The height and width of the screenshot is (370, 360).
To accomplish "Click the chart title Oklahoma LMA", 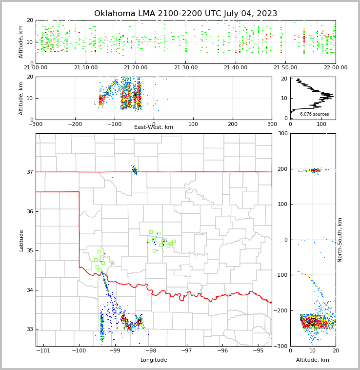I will (x=185, y=14).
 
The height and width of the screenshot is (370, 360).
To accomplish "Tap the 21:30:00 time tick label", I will (x=185, y=68).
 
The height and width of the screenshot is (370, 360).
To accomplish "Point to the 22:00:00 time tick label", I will (x=335, y=68).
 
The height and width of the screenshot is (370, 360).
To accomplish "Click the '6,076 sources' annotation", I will (x=314, y=114).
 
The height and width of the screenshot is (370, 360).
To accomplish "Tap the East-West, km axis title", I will (x=154, y=127).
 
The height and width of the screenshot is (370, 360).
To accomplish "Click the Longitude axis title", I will (x=154, y=360).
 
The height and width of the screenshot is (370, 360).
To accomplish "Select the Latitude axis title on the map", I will (x=21, y=240).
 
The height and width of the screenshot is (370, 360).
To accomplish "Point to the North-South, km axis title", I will (x=340, y=240).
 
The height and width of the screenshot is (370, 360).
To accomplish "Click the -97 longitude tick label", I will (x=186, y=351).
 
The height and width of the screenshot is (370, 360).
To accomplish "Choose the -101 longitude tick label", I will (x=43, y=351).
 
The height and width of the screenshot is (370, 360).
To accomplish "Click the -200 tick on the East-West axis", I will (x=75, y=124).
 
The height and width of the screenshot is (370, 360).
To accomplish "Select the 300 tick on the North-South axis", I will (x=282, y=134).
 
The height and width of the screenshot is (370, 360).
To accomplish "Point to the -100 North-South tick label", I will (x=280, y=275).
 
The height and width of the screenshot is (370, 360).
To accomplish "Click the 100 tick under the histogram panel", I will (x=321, y=124).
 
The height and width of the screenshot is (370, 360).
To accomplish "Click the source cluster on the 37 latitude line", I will (x=135, y=170).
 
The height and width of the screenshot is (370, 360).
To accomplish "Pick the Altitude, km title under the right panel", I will (x=313, y=360).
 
